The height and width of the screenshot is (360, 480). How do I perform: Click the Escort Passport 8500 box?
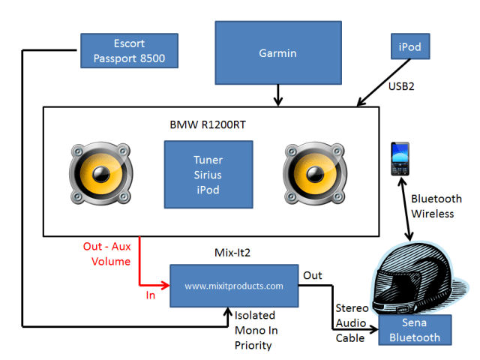[130, 49]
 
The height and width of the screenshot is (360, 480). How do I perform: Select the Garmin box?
[277, 52]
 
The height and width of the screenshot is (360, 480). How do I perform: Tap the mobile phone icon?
[398, 159]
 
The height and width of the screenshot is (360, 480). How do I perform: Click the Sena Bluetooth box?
[415, 331]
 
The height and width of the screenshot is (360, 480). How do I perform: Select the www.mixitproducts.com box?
[233, 286]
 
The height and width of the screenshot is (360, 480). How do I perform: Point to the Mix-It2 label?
[232, 253]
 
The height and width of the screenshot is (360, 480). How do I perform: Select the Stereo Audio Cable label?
[351, 322]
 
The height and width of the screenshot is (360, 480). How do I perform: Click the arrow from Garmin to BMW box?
[279, 93]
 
